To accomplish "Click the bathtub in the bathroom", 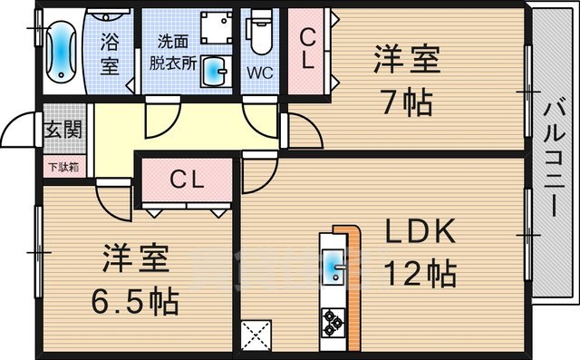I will point(62,51).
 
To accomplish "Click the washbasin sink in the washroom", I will point(214,69).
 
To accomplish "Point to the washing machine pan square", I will point(216,30).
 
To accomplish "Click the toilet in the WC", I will point(261,34).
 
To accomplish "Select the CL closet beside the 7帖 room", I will point(308,51).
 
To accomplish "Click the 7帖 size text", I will point(405,102).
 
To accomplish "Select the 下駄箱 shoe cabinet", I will point(63,167).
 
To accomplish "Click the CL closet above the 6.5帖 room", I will point(187,180).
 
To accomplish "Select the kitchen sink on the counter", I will point(332,266).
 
